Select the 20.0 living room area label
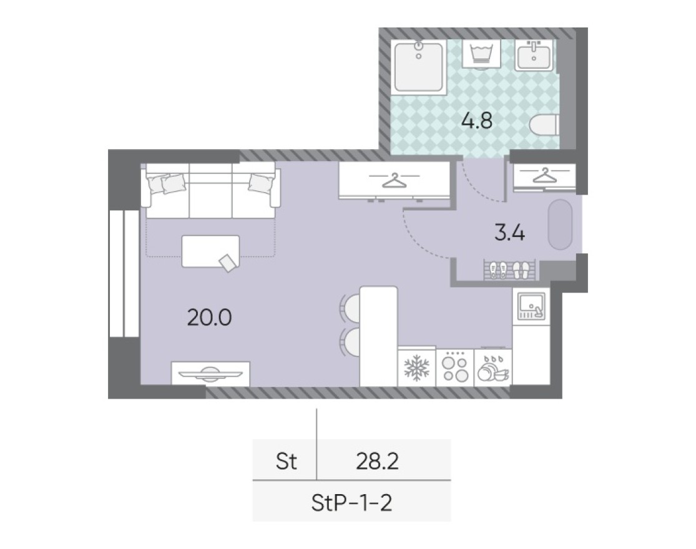209,318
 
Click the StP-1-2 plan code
351,502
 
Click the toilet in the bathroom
542,127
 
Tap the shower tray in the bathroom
418,67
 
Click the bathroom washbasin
533,55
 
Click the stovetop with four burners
454,368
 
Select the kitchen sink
530,306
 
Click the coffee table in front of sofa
210,251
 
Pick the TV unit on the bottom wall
210,374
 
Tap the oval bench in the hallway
560,225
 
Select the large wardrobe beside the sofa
394,180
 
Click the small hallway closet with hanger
544,177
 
